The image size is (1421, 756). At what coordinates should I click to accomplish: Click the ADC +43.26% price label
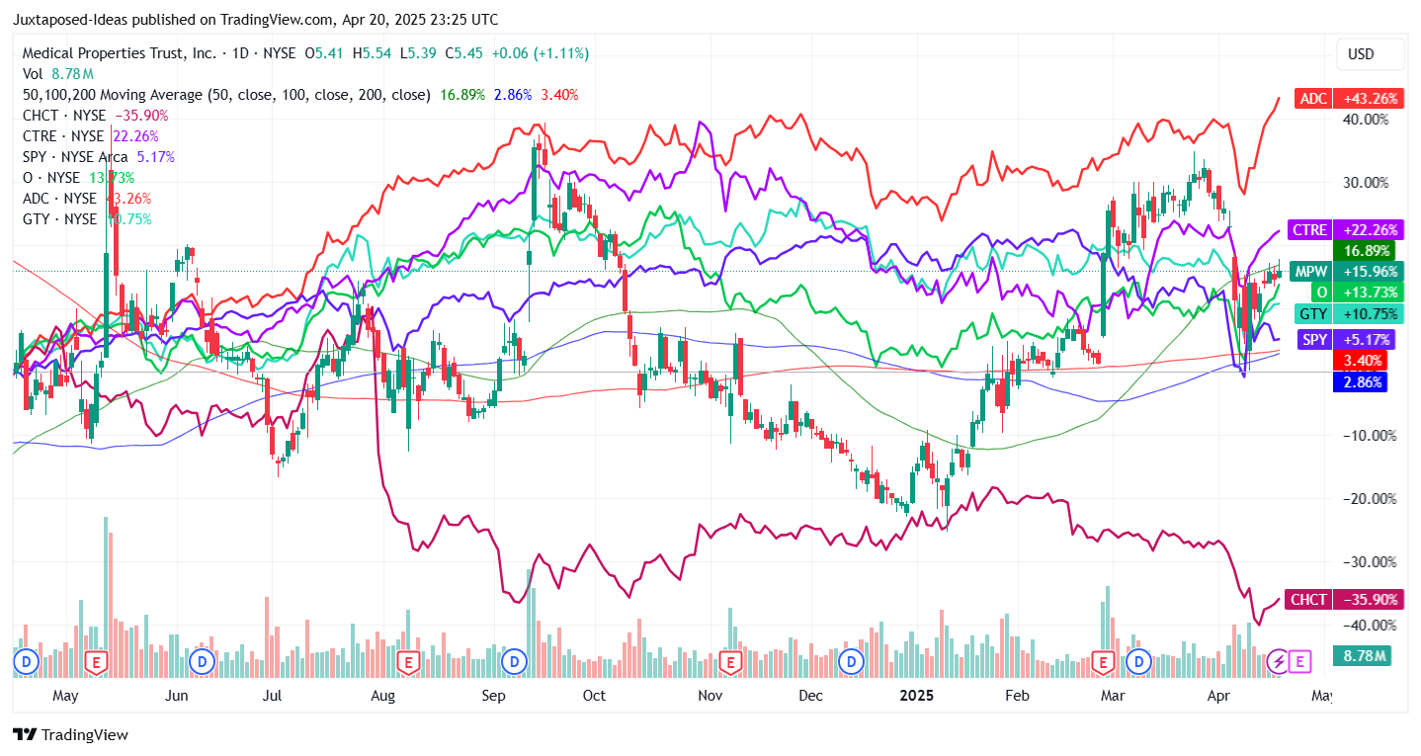click(x=1349, y=99)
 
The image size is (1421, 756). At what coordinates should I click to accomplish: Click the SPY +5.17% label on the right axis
click(x=1347, y=339)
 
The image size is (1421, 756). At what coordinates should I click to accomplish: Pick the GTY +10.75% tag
click(x=1347, y=313)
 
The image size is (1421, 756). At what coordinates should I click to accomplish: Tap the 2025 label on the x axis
click(x=917, y=696)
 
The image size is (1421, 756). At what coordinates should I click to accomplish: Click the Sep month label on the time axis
click(x=494, y=696)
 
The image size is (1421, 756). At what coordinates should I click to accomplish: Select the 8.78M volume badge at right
click(x=1364, y=655)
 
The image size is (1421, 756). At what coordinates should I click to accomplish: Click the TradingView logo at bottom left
click(x=70, y=735)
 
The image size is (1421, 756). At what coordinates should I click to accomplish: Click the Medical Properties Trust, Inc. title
click(x=119, y=53)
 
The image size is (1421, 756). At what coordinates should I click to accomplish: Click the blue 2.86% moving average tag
click(x=1359, y=381)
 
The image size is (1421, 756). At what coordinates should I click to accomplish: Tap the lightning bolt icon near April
click(x=1279, y=661)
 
